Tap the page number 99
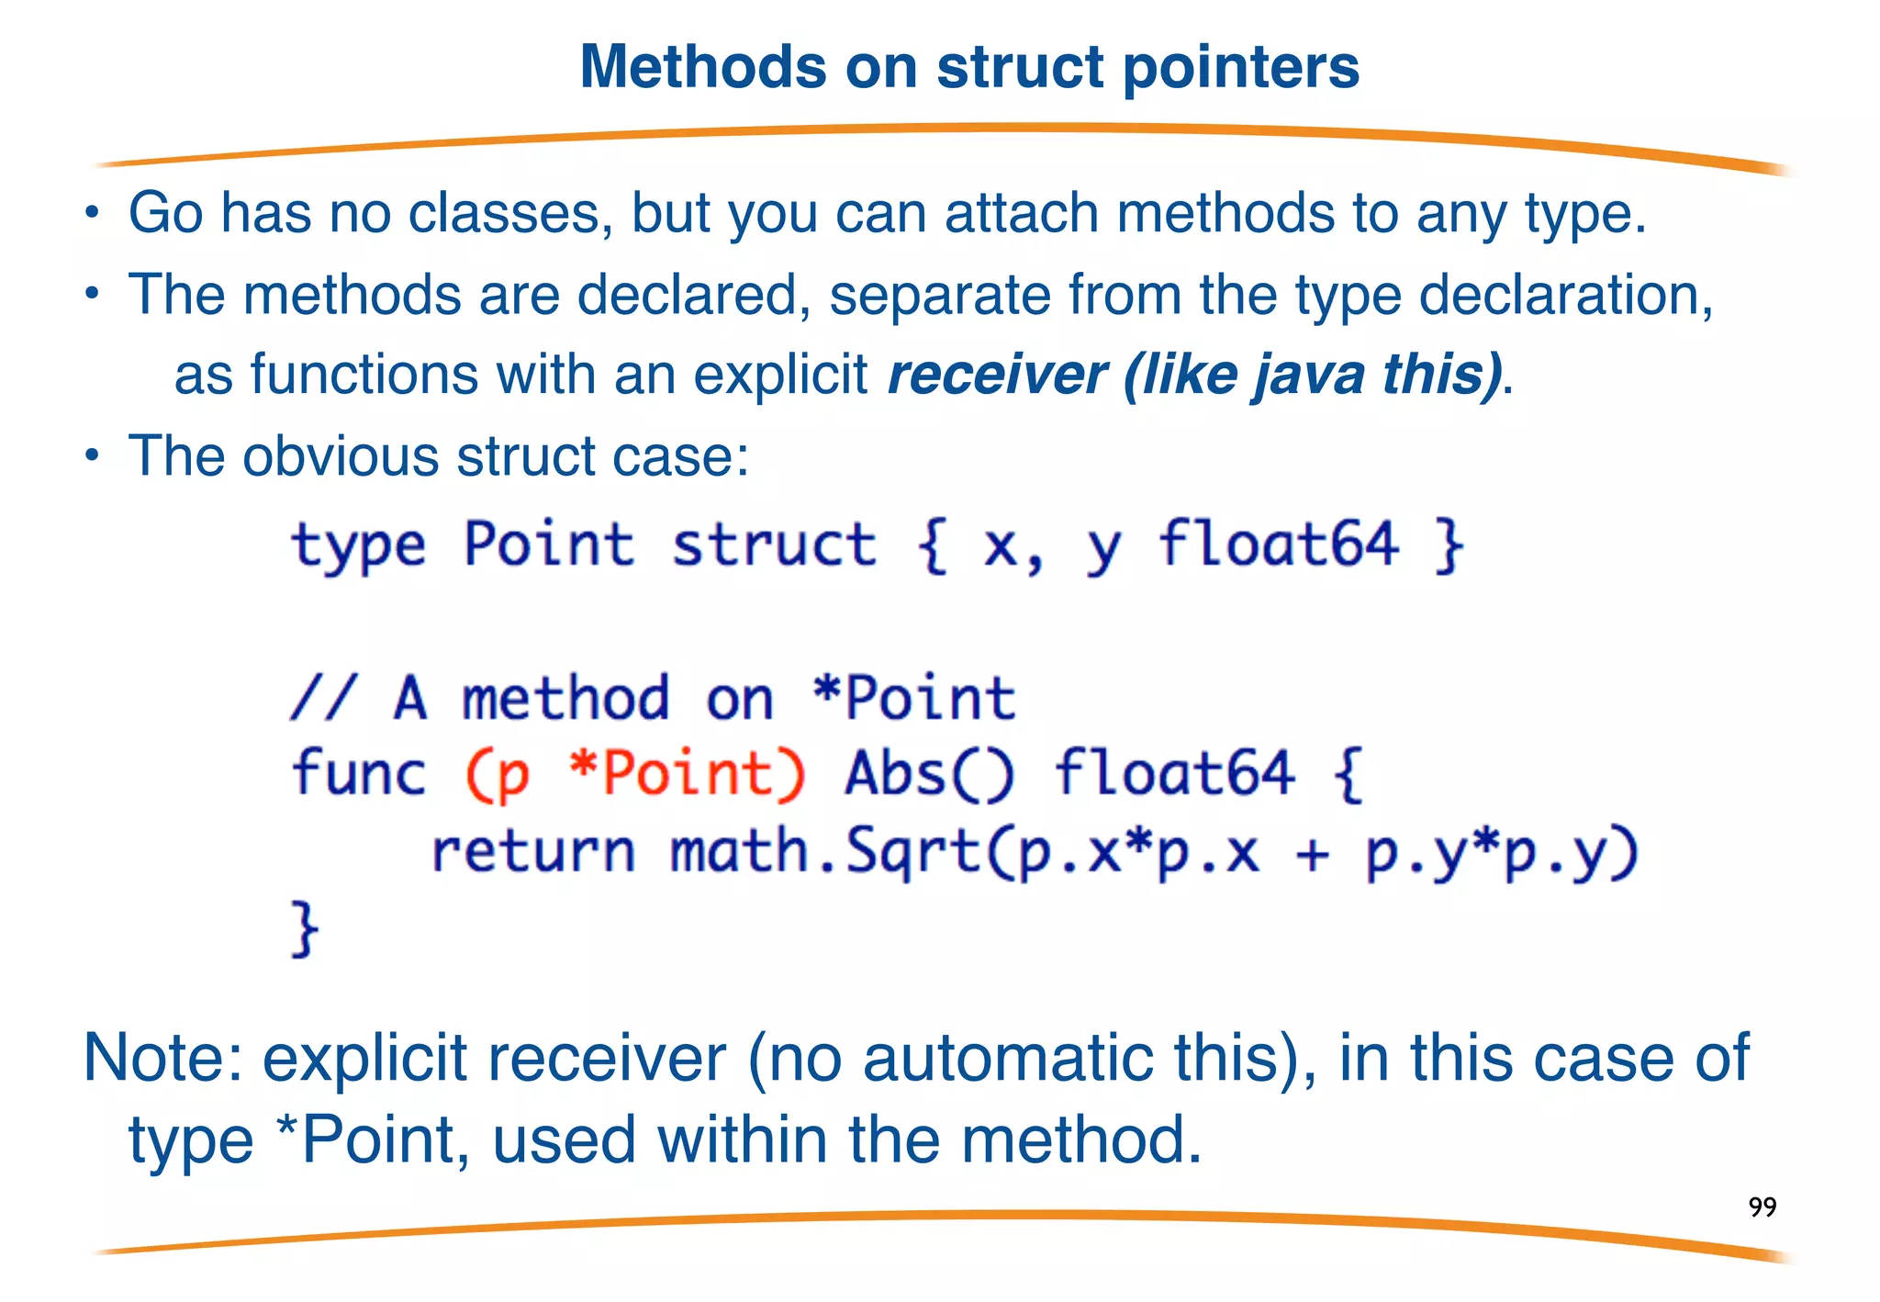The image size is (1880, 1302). coord(1762,1207)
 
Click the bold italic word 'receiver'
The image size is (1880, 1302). coord(997,375)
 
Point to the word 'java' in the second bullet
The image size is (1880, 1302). coord(1308,375)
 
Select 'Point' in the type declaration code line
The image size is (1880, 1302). coord(548,544)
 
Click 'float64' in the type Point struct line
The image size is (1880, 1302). coord(1278,544)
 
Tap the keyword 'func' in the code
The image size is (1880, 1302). coord(359,773)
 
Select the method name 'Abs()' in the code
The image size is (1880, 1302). coord(929,773)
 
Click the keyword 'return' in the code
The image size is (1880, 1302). coord(532,851)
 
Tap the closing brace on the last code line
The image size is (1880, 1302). coord(305,929)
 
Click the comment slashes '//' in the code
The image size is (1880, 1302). coord(321,698)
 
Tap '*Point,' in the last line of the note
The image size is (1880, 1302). coord(375,1140)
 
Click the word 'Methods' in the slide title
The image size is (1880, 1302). coord(703,68)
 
